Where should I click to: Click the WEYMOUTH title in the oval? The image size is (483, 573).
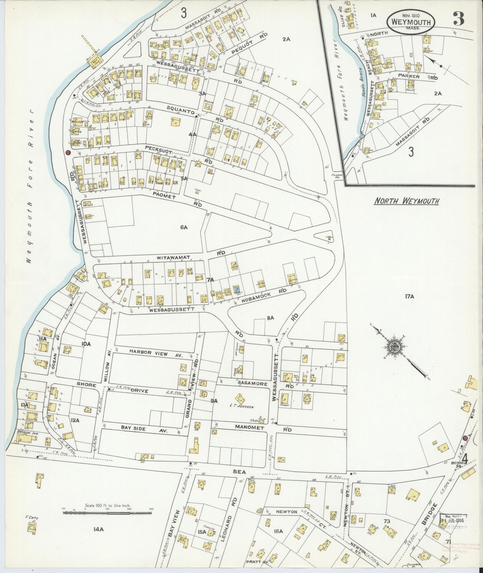[411, 22]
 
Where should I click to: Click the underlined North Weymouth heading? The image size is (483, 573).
[407, 201]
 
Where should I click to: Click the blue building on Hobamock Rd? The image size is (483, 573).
[237, 289]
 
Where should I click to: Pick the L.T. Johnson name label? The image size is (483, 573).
[242, 407]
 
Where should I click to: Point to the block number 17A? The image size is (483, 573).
[409, 297]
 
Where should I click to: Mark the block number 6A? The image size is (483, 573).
[184, 228]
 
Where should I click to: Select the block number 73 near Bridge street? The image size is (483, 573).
[387, 521]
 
